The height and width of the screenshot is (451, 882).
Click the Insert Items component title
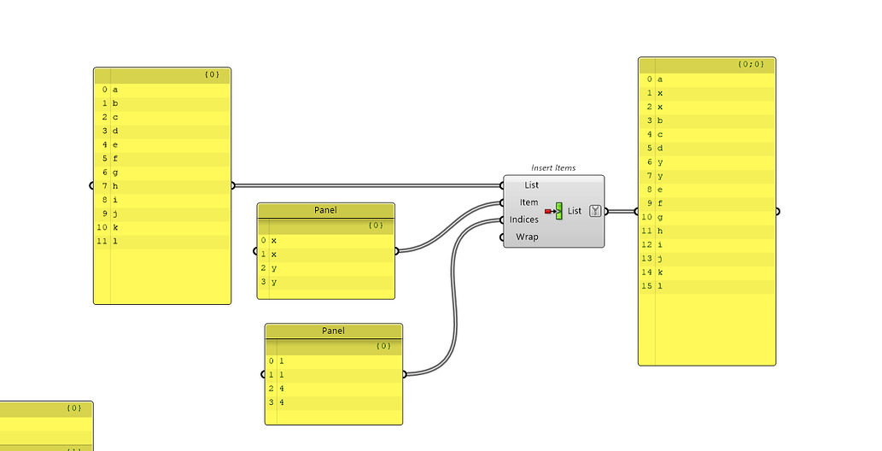[553, 167]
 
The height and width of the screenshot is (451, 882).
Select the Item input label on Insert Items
[529, 202]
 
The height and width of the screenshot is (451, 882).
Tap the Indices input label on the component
[524, 220]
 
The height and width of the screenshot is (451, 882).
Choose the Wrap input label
[527, 237]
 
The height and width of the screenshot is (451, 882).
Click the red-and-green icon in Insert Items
[554, 210]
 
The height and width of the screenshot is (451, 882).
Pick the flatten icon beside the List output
[595, 211]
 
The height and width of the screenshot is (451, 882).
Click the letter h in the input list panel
[115, 186]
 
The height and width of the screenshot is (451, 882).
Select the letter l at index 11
[115, 242]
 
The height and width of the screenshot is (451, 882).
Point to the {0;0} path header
[751, 64]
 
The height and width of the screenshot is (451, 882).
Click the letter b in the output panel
[660, 120]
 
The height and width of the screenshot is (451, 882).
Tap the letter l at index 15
[660, 286]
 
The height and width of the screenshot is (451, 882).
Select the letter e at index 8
[660, 190]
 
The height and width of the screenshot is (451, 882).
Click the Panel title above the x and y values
[326, 210]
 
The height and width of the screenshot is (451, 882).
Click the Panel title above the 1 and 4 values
[333, 331]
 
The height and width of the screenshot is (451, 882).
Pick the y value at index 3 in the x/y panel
[274, 282]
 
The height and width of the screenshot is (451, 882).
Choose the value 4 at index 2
[282, 389]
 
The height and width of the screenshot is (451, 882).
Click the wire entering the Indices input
[453, 282]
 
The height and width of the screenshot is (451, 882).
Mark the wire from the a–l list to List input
[367, 184]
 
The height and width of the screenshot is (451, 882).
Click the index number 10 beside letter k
[102, 228]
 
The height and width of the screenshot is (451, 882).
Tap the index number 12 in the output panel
[648, 244]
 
